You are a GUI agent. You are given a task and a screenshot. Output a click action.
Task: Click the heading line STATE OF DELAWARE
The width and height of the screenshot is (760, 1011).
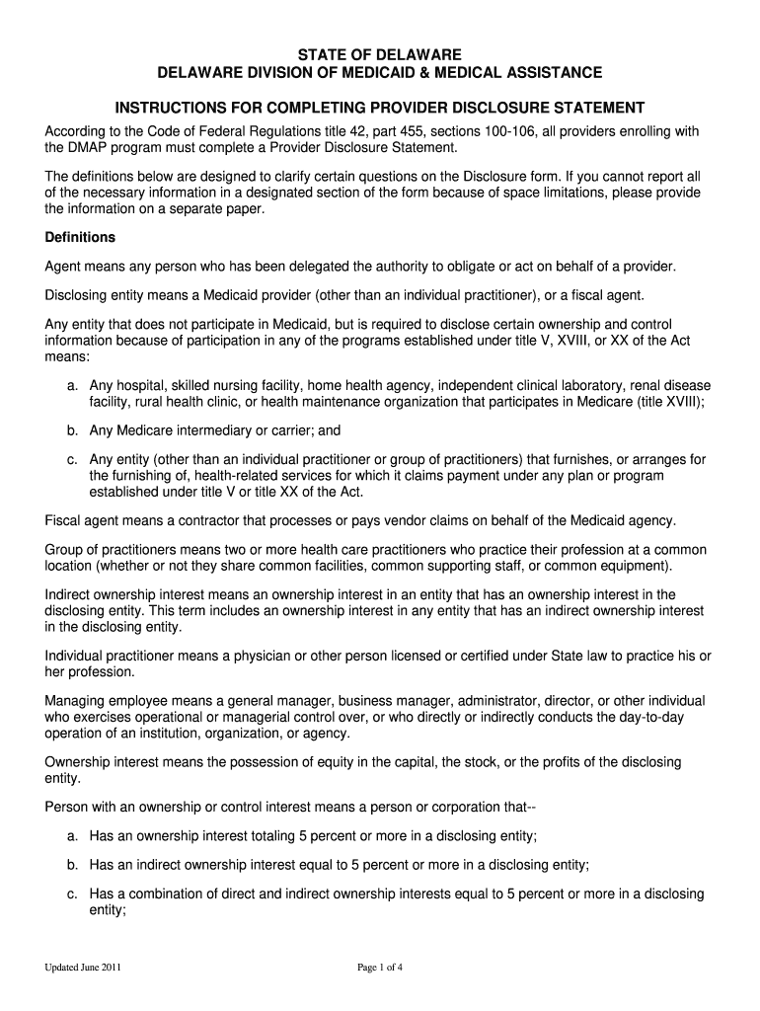pyautogui.click(x=380, y=54)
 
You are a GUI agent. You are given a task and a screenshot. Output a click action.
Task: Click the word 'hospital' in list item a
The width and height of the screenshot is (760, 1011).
pyautogui.click(x=145, y=384)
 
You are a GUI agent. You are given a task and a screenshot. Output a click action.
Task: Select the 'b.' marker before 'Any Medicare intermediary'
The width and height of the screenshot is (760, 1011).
pyautogui.click(x=73, y=430)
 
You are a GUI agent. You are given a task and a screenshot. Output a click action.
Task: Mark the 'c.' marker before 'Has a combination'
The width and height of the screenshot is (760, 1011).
pyautogui.click(x=73, y=894)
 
